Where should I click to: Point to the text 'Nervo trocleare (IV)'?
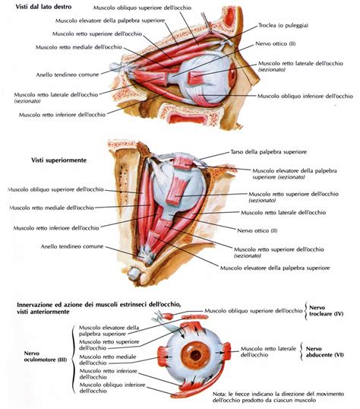(331, 311)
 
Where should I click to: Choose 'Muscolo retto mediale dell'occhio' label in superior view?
(49, 208)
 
